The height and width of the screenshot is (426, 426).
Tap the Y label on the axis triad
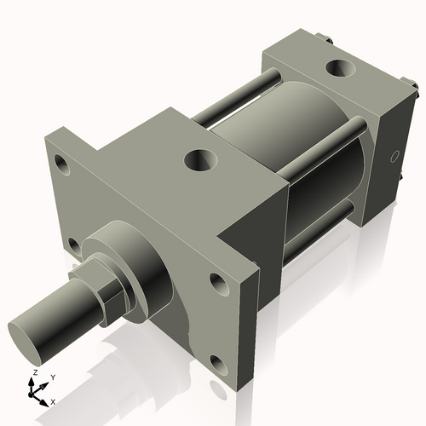[x=52, y=377]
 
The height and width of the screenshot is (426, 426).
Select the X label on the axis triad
[x=53, y=400]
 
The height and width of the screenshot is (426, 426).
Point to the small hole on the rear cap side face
[x=393, y=156]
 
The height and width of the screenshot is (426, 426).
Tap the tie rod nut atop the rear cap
[x=326, y=38]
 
